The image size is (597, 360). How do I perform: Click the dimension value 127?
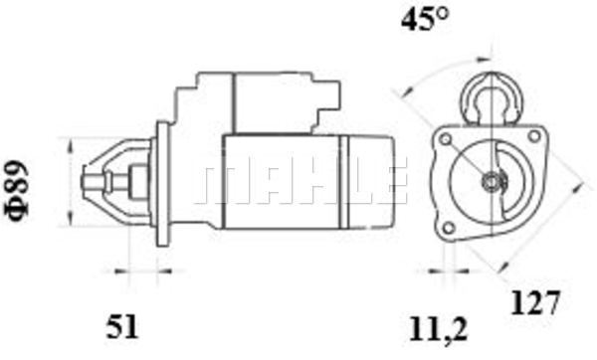537,301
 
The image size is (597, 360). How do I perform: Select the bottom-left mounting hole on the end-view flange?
448,228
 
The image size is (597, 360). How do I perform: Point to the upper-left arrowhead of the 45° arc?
401,94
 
